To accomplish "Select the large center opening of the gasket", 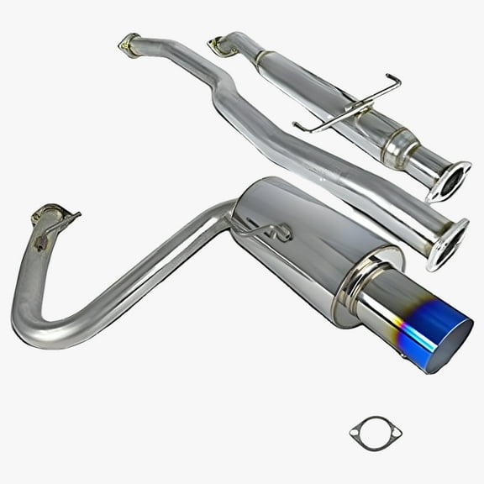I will pyautogui.click(x=376, y=433).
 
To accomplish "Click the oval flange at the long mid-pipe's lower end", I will pyautogui.click(x=447, y=243).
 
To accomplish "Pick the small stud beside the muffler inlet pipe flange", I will pyautogui.click(x=39, y=245).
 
